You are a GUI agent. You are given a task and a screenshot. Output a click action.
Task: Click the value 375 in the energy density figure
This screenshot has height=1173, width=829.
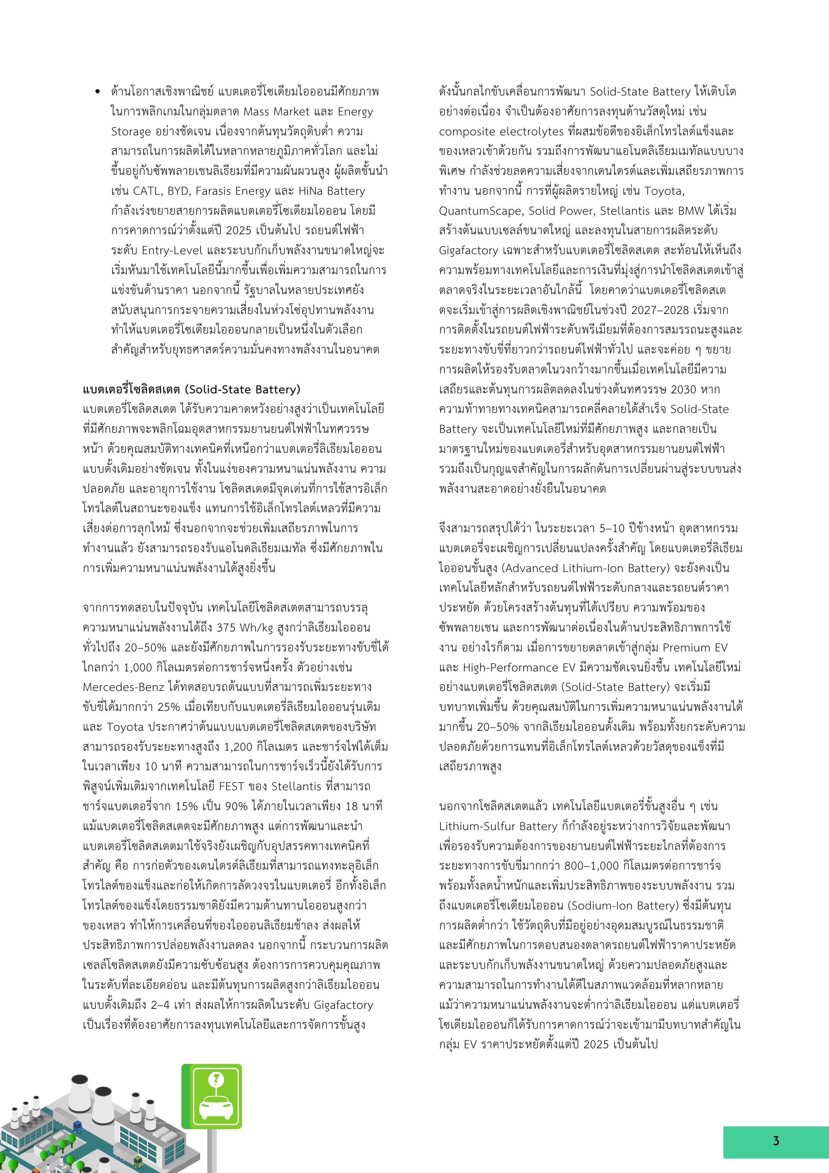[x=226, y=628]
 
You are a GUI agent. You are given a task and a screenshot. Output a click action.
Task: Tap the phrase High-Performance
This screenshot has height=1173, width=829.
[x=516, y=667]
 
